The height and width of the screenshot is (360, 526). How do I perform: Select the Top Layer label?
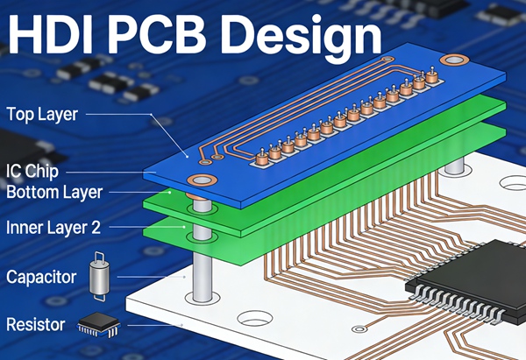pos(42,113)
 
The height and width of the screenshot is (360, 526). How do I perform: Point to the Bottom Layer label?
pos(54,191)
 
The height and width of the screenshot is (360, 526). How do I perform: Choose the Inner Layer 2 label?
pos(53,228)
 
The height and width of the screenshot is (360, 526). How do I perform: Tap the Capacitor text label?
pos(41,279)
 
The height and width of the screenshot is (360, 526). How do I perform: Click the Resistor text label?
pos(36,325)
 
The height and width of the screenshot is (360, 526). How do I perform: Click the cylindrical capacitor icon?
pos(98,278)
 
